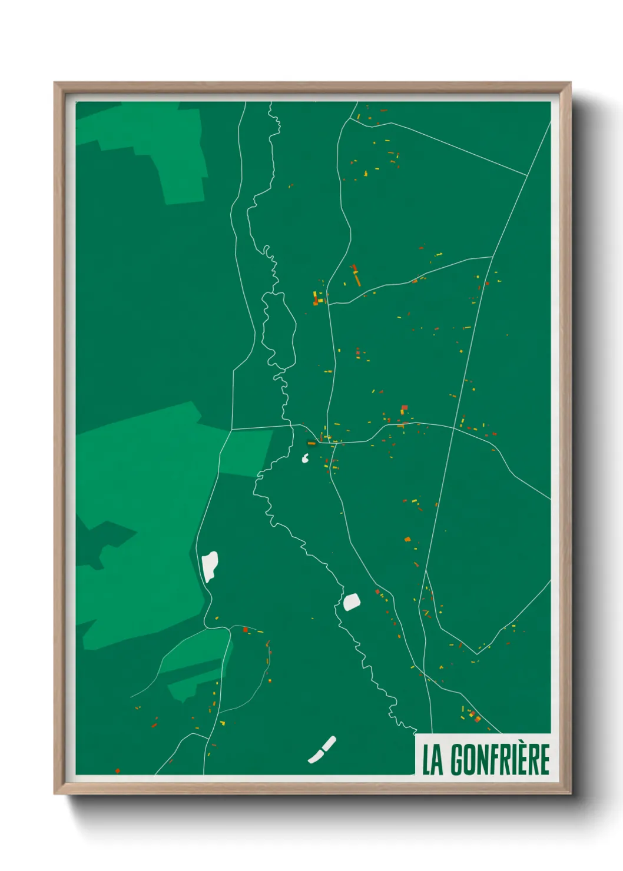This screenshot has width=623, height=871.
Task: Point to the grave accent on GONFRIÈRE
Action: pos(527,744)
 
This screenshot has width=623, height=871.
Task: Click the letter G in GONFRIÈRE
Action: pos(458,760)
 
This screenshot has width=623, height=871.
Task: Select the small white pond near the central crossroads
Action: pos(306,458)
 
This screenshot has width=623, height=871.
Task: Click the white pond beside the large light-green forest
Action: pos(210,566)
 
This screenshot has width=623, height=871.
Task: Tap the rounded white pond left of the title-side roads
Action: pos(352,602)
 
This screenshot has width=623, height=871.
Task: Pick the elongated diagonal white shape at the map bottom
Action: pos(322,750)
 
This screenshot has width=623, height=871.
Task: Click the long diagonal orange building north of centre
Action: pos(356,276)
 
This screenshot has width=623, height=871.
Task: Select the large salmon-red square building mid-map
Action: pos(404,407)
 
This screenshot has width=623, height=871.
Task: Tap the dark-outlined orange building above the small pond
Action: pos(311,443)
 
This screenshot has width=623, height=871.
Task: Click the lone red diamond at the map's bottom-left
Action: pos(118,770)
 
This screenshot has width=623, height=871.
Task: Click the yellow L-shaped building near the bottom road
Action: pos(222,723)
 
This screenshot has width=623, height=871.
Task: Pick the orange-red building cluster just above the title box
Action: pos(474,716)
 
